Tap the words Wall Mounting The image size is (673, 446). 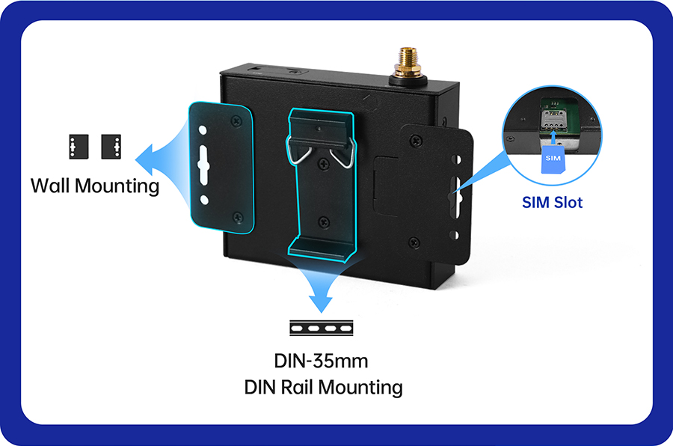pos(95,185)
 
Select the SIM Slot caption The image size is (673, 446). pos(552,202)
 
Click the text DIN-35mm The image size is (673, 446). pos(320,361)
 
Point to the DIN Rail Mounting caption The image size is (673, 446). pos(323,387)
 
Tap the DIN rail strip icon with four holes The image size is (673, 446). pos(322,328)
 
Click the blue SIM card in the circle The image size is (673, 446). pos(553,158)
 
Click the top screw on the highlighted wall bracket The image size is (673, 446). pos(236,119)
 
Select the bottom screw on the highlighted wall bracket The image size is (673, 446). pos(237,218)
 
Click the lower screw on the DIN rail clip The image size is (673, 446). pos(323,222)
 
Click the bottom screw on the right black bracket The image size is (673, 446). pos(414,241)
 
